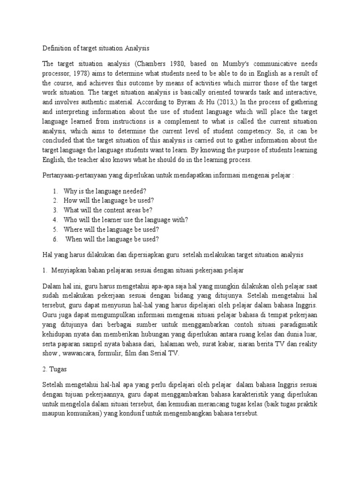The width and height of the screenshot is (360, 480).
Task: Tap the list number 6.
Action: (x=55, y=239)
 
